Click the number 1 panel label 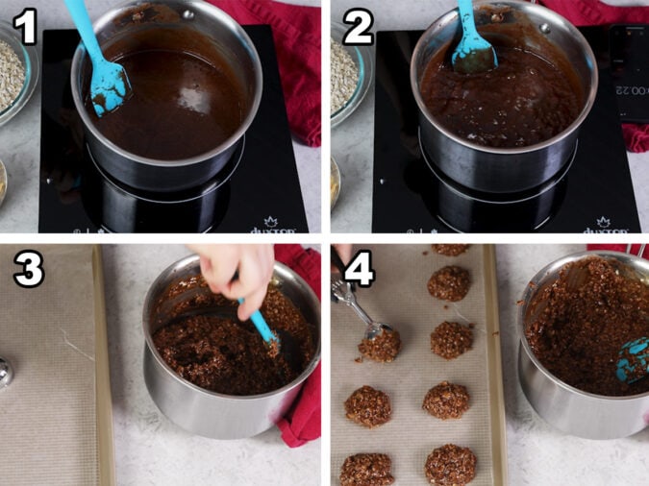pyautogui.click(x=24, y=27)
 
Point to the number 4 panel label pyautogui.click(x=358, y=271)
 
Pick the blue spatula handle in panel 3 pyautogui.click(x=261, y=324)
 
